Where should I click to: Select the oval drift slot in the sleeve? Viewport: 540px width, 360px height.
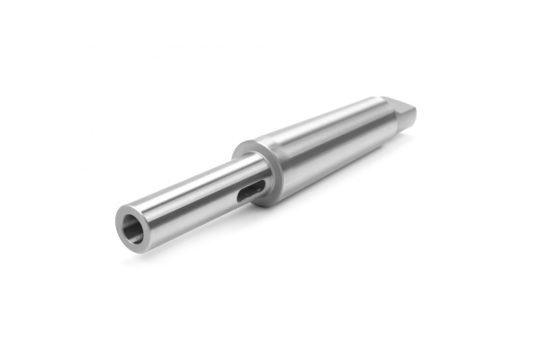click(x=253, y=188)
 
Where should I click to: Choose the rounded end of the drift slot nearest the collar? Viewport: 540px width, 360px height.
click(x=262, y=184)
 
